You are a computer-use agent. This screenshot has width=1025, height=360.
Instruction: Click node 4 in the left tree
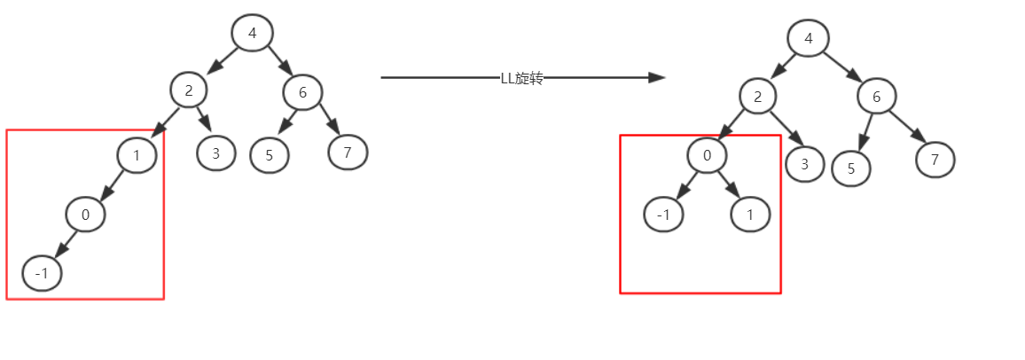253,34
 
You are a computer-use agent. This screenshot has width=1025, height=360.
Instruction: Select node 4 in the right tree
809,39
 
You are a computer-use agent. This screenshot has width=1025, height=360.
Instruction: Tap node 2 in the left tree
189,90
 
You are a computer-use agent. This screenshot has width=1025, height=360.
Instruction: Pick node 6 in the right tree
876,97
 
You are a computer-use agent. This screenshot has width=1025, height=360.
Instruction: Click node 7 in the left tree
348,153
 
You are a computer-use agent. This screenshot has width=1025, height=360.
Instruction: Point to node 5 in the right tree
851,168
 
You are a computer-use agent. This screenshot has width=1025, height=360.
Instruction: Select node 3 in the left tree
216,153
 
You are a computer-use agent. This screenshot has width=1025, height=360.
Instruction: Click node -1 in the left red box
42,273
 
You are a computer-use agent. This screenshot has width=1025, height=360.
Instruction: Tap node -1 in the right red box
664,215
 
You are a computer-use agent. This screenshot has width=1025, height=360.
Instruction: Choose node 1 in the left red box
137,156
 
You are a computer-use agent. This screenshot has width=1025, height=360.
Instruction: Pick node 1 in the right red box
751,215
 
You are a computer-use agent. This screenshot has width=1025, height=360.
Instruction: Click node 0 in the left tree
85,214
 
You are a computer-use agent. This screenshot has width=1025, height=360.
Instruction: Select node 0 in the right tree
707,156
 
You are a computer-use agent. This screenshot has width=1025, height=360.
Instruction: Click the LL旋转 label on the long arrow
521,78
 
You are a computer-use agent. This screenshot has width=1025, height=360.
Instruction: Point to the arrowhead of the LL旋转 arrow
657,78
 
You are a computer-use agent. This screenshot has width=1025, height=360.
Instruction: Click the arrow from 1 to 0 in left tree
113,184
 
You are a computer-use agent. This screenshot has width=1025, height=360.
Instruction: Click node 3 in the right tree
805,163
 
